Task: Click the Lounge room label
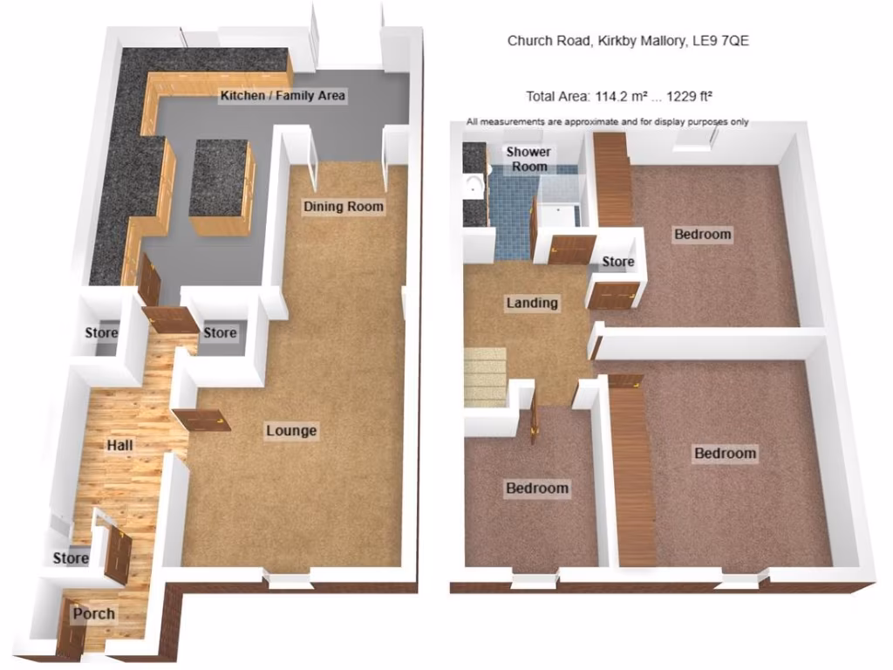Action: [291, 431]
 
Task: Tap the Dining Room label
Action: [343, 207]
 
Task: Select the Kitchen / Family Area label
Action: [283, 95]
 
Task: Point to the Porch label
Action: [93, 613]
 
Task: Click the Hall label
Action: [119, 446]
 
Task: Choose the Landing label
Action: [532, 304]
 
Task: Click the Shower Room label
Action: [528, 159]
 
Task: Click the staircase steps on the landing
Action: [485, 375]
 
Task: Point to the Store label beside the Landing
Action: [618, 262]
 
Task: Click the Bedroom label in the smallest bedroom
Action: [537, 489]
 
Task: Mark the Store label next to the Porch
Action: [71, 557]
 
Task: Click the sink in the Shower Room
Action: [473, 185]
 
